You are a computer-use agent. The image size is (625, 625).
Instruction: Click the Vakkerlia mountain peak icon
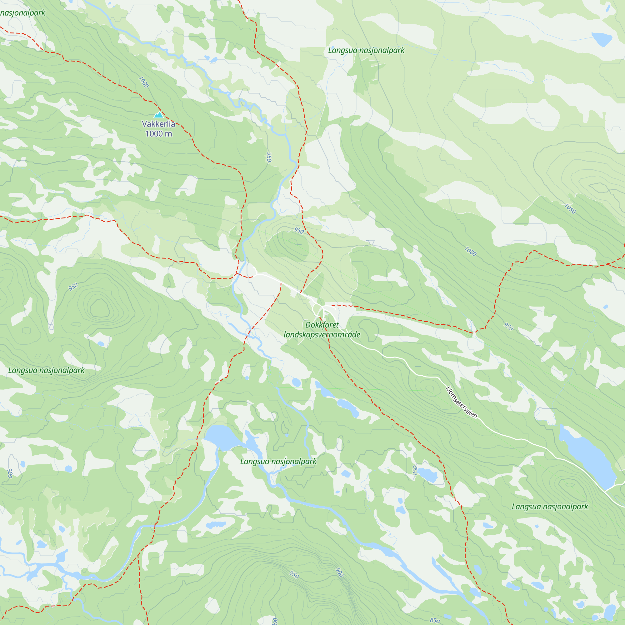point(158,114)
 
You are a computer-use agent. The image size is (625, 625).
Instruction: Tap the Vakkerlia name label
point(158,124)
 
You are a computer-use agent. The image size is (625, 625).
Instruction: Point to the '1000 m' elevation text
point(158,134)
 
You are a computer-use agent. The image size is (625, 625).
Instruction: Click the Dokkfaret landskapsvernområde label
point(322,330)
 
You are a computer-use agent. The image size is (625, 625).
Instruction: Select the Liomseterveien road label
point(461,402)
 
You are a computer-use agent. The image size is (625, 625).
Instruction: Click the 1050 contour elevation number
point(570,209)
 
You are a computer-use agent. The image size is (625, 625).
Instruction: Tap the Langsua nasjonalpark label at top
point(366,50)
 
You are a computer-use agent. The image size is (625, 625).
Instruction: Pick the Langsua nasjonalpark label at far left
point(46,370)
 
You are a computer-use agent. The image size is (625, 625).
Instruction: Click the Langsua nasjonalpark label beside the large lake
point(278,461)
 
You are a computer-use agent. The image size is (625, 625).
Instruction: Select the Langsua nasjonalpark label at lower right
point(550,507)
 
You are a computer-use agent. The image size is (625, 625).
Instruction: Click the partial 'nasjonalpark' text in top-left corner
point(22,13)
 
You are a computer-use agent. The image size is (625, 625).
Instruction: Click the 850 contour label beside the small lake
point(415,470)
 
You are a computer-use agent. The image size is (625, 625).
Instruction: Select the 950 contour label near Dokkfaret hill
point(299,231)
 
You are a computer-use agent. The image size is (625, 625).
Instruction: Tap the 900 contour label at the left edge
point(10,473)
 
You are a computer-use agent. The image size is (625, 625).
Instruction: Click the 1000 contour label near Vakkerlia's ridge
point(143,82)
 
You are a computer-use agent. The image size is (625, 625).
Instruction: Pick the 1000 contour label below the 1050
point(470,251)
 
